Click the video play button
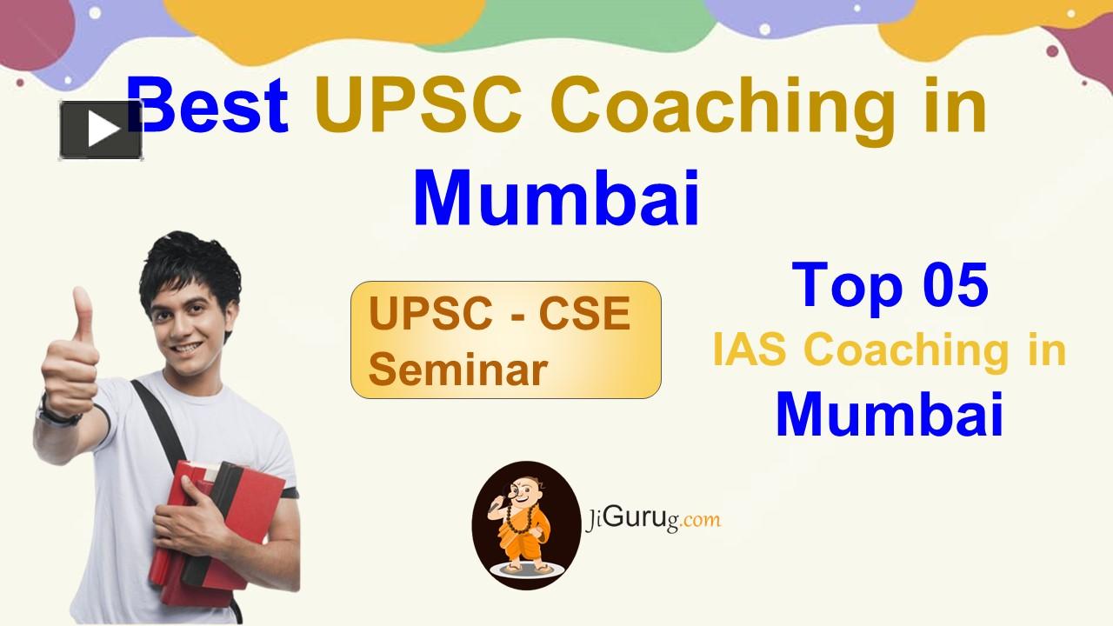[101, 130]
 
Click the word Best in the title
[207, 105]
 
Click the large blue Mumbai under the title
[556, 198]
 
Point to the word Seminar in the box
[457, 370]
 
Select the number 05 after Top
[956, 285]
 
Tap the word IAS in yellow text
[750, 350]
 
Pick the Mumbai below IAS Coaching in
[890, 415]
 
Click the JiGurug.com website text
[652, 520]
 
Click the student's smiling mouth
[187, 349]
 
